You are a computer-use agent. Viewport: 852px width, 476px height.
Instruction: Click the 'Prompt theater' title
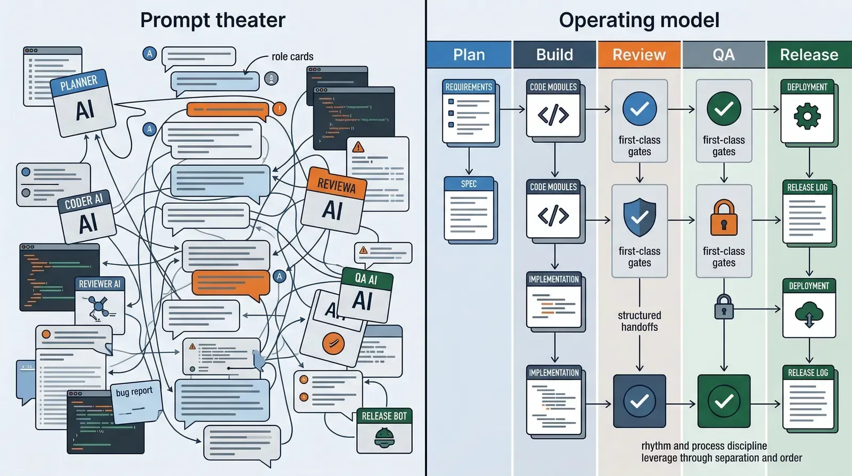(x=212, y=20)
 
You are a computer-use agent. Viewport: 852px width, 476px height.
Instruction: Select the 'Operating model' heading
(x=639, y=20)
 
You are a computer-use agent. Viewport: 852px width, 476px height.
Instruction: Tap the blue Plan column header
(x=469, y=54)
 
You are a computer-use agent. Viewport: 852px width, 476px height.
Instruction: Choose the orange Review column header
(x=639, y=54)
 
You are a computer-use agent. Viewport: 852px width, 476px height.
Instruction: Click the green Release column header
(x=809, y=54)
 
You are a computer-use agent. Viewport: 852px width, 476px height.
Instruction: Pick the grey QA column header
(x=723, y=54)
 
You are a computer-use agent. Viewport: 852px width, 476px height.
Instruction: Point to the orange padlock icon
(x=724, y=218)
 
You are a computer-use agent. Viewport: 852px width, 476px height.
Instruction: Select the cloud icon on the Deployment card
(x=809, y=314)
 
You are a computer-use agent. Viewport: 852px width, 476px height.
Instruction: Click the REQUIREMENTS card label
(x=469, y=87)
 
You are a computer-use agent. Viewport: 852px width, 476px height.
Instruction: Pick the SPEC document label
(x=469, y=184)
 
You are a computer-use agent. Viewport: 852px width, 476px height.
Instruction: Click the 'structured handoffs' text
(x=639, y=321)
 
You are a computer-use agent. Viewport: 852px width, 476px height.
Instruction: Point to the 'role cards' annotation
(x=292, y=57)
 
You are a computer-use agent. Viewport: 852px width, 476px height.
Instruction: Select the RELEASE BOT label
(x=384, y=416)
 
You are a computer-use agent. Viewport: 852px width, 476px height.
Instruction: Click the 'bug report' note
(x=134, y=392)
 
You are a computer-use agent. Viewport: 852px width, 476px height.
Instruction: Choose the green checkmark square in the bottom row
(x=724, y=401)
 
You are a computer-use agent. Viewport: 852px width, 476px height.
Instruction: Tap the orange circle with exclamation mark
(x=279, y=109)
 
